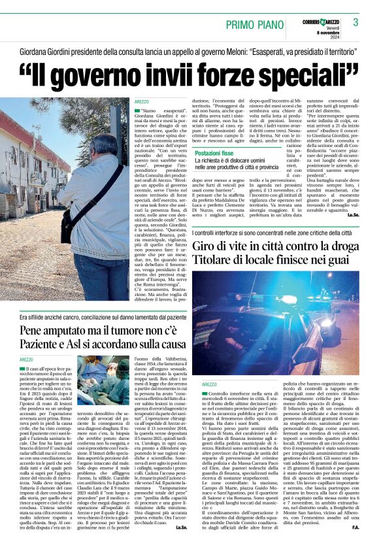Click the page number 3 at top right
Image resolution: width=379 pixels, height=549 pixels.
tap(355, 22)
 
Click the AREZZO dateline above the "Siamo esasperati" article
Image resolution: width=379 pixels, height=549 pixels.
tap(141, 103)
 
